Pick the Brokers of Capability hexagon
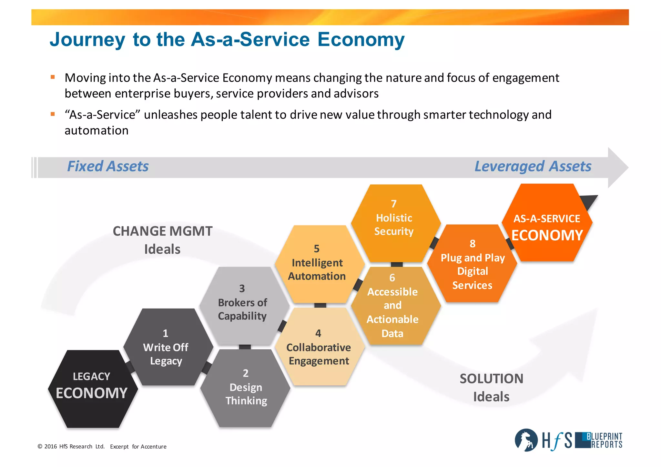[244, 305]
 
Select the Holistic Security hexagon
[395, 223]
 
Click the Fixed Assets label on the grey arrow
[108, 167]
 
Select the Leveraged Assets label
[533, 167]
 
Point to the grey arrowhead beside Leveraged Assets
[617, 168]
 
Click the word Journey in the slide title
[87, 39]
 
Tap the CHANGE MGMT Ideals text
[162, 240]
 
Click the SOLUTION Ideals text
[491, 388]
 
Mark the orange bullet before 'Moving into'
[53, 77]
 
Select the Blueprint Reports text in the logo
[604, 440]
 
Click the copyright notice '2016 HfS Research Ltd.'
[71, 447]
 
